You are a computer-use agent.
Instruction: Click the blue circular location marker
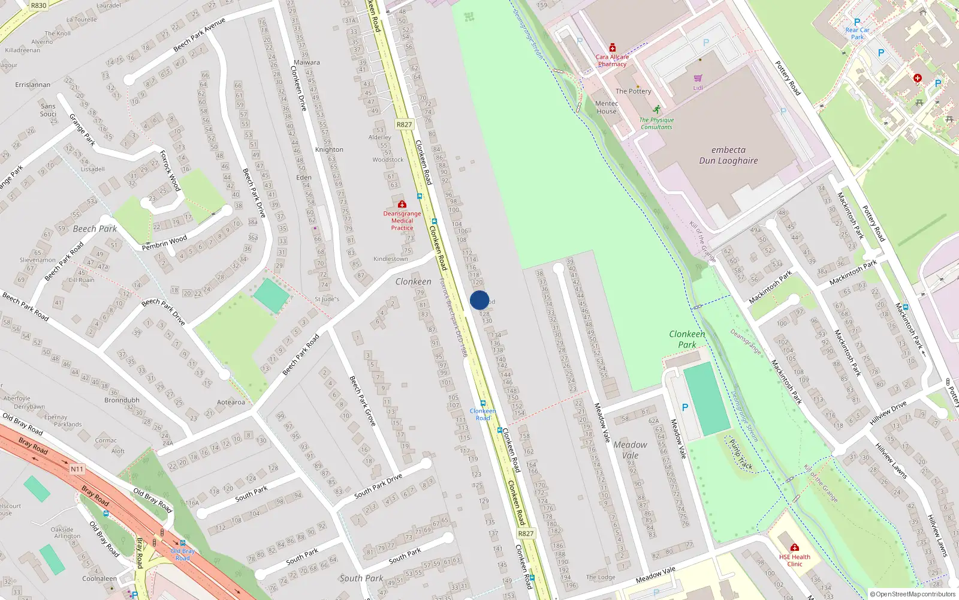point(479,300)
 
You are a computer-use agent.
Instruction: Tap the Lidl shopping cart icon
point(698,79)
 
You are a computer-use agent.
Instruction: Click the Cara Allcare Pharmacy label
point(612,61)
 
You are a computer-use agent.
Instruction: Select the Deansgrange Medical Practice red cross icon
point(402,205)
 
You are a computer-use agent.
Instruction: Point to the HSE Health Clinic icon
point(794,547)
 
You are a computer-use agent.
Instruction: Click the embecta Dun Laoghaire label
point(728,155)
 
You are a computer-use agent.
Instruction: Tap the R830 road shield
point(38,5)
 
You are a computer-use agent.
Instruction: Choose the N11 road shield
point(77,469)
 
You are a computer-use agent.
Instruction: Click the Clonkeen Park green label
point(687,339)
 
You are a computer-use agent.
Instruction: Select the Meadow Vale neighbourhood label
point(630,450)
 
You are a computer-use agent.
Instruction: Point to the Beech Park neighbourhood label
point(95,229)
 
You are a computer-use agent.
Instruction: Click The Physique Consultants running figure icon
point(657,110)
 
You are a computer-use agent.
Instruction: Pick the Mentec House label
point(607,107)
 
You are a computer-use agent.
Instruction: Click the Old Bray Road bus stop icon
point(183,543)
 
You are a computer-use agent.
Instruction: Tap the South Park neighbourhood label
point(361,578)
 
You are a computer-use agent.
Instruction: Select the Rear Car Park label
point(857,33)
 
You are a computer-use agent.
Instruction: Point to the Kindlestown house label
point(390,259)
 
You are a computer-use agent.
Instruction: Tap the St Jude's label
point(327,299)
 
